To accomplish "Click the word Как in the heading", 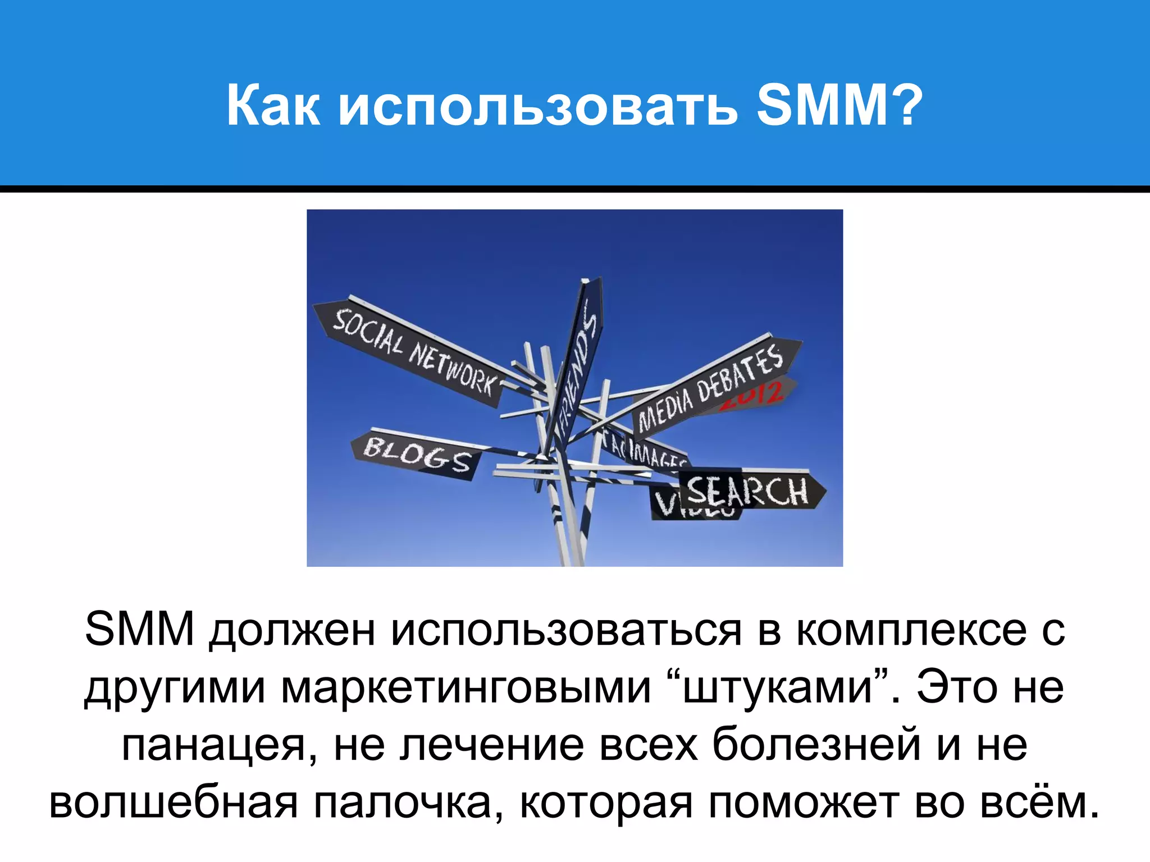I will (273, 106).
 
